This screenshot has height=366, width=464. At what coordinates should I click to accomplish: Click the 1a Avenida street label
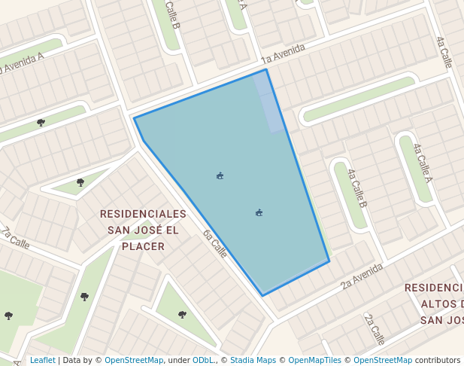click(x=284, y=53)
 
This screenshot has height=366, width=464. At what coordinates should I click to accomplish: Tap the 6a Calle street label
click(x=214, y=242)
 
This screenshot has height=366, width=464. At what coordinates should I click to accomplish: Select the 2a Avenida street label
click(x=362, y=276)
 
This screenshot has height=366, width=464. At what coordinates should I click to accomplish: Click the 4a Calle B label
click(x=356, y=188)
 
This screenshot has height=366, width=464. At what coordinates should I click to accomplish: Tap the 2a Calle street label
click(x=375, y=328)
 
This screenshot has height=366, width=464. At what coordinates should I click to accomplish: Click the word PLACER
click(x=143, y=246)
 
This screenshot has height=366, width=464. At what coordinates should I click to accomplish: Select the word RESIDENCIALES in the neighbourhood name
click(x=143, y=214)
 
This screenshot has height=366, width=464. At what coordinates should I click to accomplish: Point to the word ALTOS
click(x=440, y=304)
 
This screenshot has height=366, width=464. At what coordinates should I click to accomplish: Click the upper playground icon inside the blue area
click(x=220, y=176)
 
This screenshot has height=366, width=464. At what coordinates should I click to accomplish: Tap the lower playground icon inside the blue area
click(x=259, y=213)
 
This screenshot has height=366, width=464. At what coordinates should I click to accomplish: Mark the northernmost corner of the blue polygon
click(x=266, y=70)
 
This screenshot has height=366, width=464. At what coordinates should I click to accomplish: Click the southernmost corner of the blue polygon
click(x=262, y=295)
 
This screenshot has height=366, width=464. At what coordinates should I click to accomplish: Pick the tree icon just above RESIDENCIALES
click(x=80, y=182)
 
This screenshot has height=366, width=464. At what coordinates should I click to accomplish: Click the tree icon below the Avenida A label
click(x=41, y=122)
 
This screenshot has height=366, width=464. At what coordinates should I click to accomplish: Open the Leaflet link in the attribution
click(x=42, y=361)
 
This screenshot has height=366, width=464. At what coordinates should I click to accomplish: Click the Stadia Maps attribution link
click(x=253, y=361)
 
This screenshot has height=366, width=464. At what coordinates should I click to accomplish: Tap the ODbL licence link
click(x=205, y=361)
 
